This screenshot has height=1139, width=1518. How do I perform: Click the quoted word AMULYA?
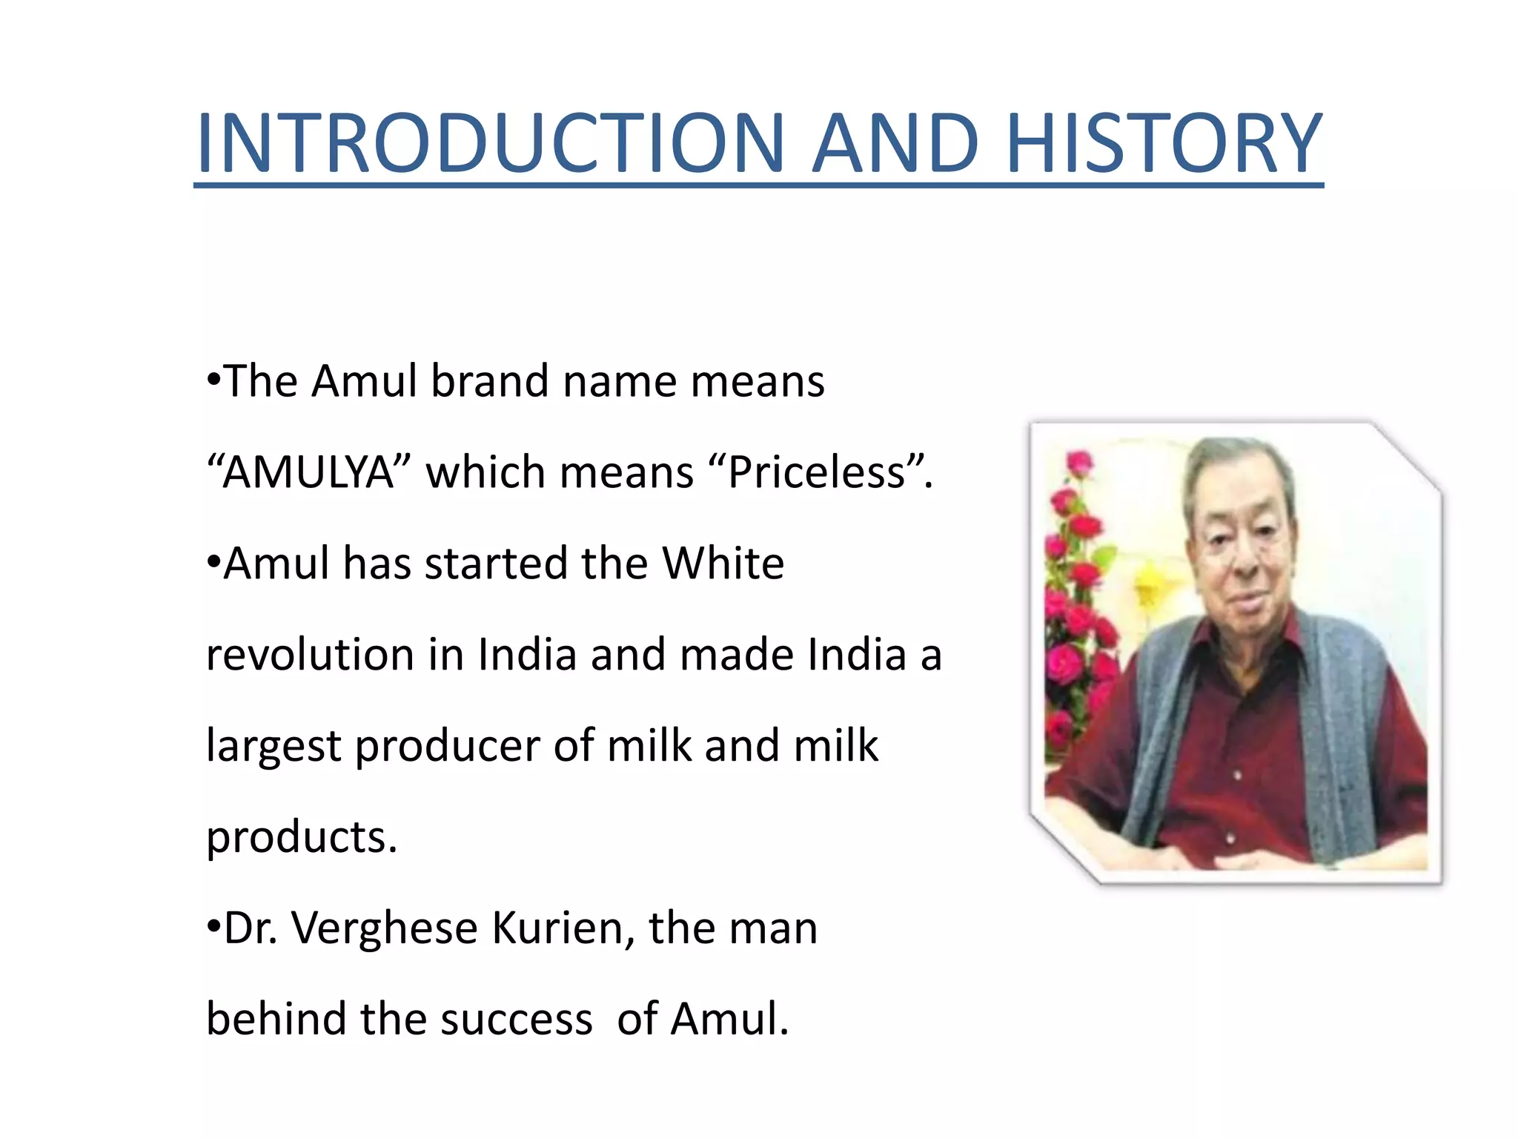[308, 472]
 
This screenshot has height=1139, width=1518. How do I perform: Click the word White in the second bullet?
[723, 564]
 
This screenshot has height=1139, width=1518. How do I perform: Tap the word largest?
[273, 746]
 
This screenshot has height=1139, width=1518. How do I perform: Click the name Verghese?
[384, 928]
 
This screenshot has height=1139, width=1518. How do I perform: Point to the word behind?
[275, 1019]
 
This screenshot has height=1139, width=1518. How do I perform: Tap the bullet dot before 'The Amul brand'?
[213, 380]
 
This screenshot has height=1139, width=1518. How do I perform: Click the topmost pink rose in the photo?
[1079, 463]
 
